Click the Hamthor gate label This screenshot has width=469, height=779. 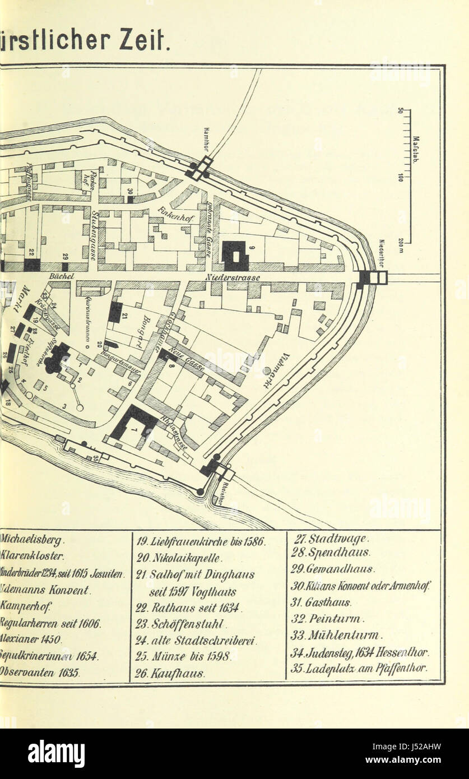coord(206,137)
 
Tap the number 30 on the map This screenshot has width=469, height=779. coord(128,191)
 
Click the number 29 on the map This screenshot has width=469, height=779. coord(66,256)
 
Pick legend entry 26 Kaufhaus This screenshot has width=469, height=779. coord(170,673)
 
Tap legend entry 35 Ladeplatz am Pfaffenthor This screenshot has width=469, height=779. coord(359,668)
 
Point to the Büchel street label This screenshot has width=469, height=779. coord(58,276)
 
